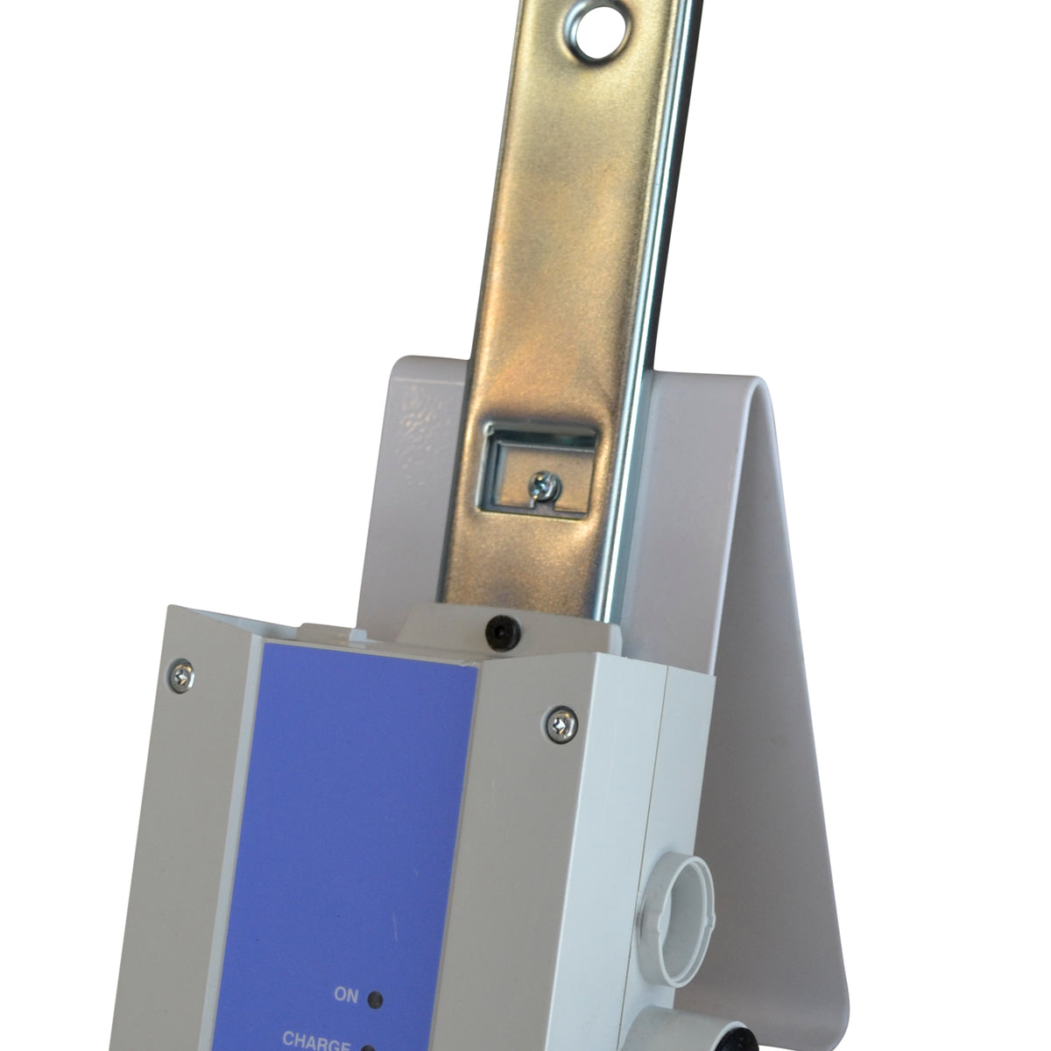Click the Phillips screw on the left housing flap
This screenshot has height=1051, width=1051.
pyautogui.click(x=182, y=674)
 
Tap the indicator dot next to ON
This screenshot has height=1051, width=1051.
pyautogui.click(x=376, y=998)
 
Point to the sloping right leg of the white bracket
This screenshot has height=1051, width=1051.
pyautogui.click(x=771, y=701)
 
